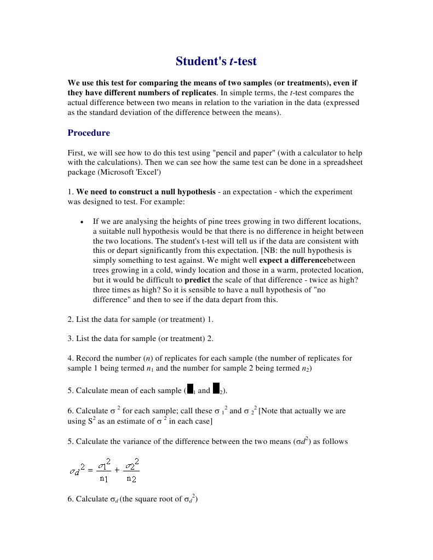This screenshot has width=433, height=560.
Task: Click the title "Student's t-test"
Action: coord(216,61)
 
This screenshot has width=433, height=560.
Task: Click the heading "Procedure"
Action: coord(89,133)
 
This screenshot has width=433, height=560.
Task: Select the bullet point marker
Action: coord(82,222)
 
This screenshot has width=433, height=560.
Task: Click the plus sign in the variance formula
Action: coord(117,470)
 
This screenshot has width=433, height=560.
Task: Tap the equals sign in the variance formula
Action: coord(90,470)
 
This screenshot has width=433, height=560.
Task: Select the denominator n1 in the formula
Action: coord(104,479)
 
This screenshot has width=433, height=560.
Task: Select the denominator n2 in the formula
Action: coord(131,479)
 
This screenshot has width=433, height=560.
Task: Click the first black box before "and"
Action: coord(190,389)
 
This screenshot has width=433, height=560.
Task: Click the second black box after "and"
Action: coord(216,389)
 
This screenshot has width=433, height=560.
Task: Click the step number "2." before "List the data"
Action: coord(71,319)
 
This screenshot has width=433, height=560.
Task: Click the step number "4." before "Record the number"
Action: coord(71,359)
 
